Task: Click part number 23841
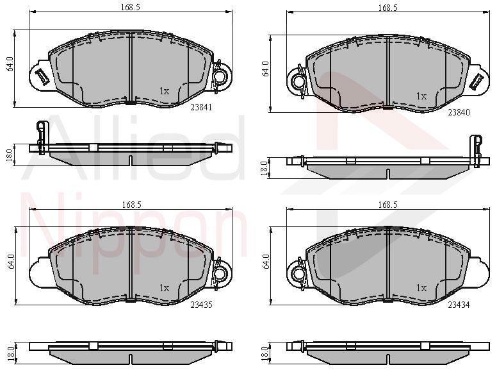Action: pos(201,107)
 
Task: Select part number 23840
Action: pos(459,112)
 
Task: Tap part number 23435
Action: pos(201,305)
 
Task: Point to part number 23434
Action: pos(459,305)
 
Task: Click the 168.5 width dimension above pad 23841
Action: pos(130,8)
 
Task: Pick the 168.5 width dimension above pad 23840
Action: pos(387,8)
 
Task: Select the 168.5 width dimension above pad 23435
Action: pos(131,205)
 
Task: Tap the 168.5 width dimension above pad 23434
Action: pos(387,205)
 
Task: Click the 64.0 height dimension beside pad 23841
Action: pos(10,63)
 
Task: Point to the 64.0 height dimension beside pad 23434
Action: pos(266,262)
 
